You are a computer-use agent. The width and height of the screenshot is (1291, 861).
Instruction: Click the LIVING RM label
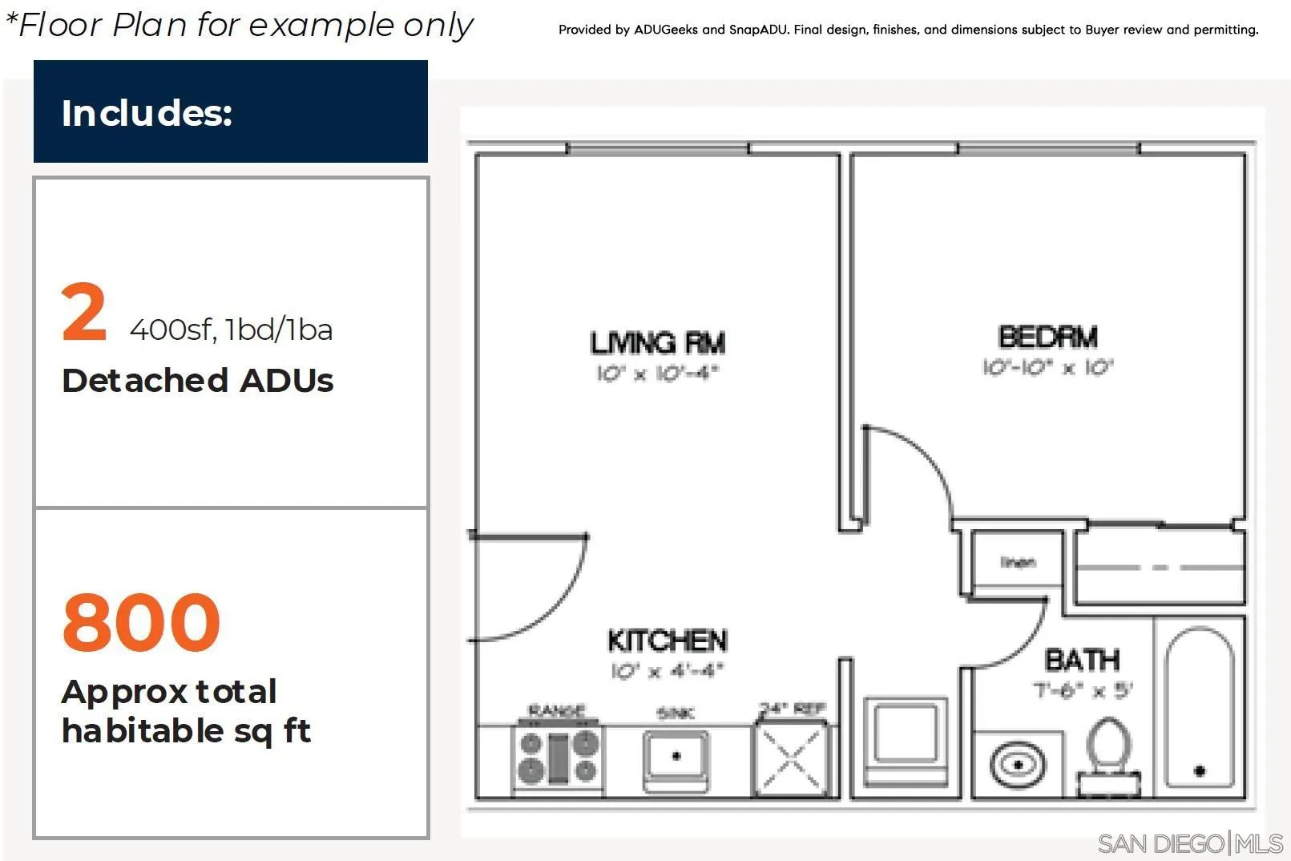[x=657, y=343]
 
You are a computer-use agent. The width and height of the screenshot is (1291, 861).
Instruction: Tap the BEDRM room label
[x=1047, y=338]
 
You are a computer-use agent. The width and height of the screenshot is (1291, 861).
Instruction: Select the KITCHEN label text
[x=667, y=641]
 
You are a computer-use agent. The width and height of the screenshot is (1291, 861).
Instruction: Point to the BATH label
[x=1082, y=661]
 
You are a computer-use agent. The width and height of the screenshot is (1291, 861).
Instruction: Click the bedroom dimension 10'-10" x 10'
[x=1047, y=368]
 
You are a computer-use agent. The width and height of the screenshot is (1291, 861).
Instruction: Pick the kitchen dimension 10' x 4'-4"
[x=667, y=671]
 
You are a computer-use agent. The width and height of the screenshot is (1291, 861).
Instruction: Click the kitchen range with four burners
[x=558, y=756]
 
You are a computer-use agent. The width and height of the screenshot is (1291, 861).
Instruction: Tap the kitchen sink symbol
[x=676, y=756]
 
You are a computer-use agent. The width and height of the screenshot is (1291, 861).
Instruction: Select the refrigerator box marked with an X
[x=791, y=758]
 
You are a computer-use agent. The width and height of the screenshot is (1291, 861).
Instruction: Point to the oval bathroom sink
[x=1017, y=765]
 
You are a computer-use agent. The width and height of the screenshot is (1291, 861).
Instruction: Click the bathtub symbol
[x=1199, y=707]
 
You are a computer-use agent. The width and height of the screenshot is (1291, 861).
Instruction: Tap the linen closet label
[x=1017, y=562]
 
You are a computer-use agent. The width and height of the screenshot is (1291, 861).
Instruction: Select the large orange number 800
[x=141, y=622]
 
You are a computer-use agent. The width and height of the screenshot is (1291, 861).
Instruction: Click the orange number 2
[x=83, y=313]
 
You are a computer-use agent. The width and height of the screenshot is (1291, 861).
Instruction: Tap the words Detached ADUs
[x=197, y=381]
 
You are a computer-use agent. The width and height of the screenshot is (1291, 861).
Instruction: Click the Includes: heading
[x=147, y=113]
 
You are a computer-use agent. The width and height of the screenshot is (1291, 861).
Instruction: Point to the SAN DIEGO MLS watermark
[x=1189, y=843]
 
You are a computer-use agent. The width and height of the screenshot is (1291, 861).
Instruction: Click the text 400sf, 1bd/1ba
[x=231, y=329]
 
